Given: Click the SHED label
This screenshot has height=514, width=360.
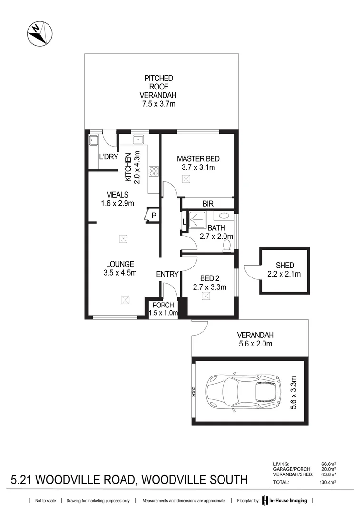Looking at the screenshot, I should pos(285,265).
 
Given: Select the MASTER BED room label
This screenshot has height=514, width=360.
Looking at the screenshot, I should pos(198,158).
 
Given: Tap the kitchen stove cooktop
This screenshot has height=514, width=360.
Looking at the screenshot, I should pos(154,171).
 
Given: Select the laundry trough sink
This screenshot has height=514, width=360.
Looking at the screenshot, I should pos(93,140).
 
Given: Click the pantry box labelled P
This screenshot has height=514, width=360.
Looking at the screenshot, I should pos(153,215).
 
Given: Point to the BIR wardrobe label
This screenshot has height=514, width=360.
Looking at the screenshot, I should pos(208,203).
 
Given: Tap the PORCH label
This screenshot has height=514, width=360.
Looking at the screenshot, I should pos(163,305).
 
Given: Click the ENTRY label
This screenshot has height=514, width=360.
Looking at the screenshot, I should pos(167,274).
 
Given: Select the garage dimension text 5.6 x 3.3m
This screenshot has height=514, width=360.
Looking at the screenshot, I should pos(293,391).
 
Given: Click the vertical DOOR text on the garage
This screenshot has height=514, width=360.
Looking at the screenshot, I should pos(194,391).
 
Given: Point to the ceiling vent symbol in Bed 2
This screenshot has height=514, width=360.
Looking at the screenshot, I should pos(206,296).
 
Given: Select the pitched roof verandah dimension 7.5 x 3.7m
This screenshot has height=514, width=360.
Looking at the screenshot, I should pos(159,104).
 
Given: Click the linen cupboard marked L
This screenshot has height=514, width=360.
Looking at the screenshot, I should pos(184,222).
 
